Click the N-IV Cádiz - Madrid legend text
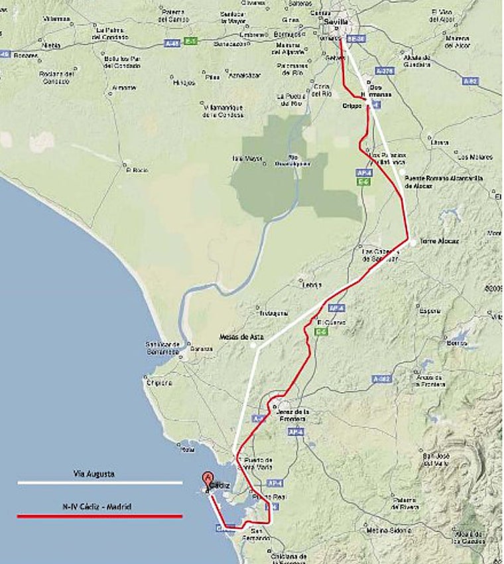pos(99,507)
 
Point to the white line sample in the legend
pos(99,482)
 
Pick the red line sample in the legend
pos(99,516)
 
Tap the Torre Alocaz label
pos(438,241)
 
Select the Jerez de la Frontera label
pos(289,415)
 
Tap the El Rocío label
pos(137,170)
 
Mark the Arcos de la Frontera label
pos(435,381)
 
